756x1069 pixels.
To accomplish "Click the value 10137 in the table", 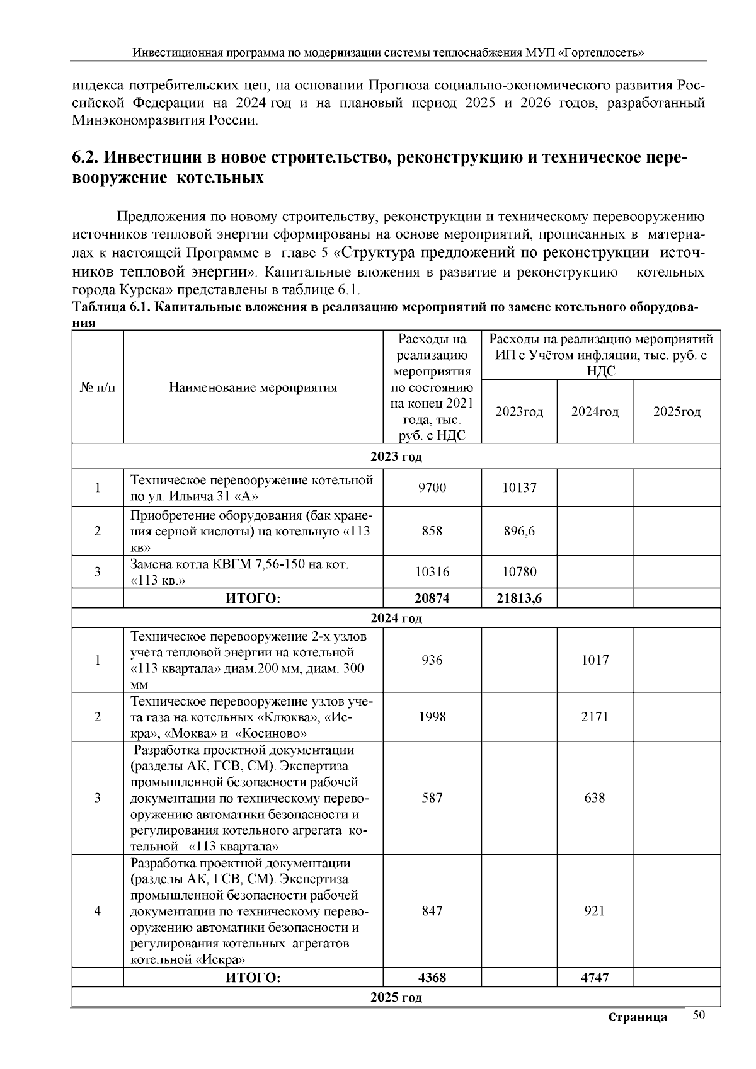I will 519,488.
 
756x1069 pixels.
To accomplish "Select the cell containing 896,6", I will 519,531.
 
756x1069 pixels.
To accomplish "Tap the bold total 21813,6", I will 519,598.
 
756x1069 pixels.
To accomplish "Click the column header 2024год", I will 595,412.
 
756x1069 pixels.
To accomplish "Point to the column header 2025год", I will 677,412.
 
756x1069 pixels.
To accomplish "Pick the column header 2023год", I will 519,412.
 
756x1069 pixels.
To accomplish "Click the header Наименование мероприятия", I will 253,387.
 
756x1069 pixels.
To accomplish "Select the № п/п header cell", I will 98,387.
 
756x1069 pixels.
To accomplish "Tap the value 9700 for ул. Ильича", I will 432,488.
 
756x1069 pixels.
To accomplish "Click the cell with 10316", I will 432,572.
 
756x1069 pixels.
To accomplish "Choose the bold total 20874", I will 432,598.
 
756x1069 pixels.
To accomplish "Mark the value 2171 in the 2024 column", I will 595,717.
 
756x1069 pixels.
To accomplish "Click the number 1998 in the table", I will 432,717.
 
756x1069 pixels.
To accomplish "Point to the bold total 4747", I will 595,978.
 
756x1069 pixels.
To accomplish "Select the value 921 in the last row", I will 595,911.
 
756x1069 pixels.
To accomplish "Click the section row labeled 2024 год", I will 396,618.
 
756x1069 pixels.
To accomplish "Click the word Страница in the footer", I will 638,1017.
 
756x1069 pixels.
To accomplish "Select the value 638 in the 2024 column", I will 595,798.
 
